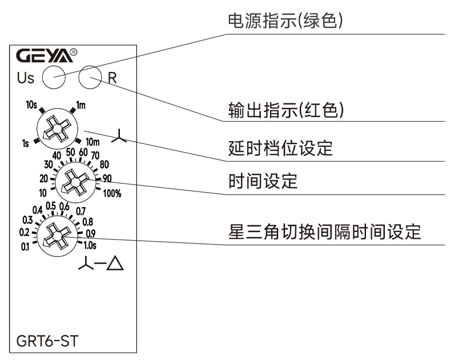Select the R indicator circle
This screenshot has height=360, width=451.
(90, 77)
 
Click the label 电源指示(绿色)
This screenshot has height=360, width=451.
(285, 22)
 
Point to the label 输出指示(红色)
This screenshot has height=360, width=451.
(285, 110)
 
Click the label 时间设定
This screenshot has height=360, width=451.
(263, 182)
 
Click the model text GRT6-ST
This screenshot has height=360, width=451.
(48, 342)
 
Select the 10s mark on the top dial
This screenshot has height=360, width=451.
(32, 105)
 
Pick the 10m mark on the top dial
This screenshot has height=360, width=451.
(92, 141)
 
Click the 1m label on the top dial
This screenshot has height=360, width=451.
(81, 105)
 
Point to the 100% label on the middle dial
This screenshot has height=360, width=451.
(112, 193)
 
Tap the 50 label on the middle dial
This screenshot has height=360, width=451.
(70, 151)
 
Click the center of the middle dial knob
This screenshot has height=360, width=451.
(73, 183)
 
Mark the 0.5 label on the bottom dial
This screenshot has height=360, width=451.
(50, 206)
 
